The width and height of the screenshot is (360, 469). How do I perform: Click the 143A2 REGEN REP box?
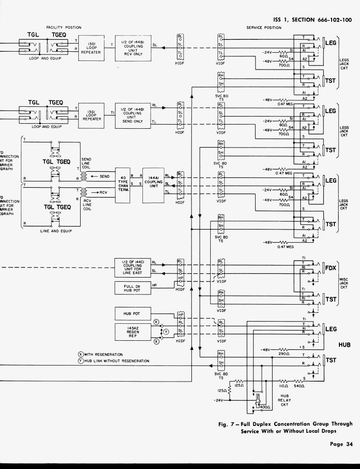pyautogui.click(x=132, y=332)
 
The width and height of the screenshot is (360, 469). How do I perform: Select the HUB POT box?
pyautogui.click(x=132, y=314)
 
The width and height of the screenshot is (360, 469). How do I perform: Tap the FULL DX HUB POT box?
pyautogui.click(x=132, y=288)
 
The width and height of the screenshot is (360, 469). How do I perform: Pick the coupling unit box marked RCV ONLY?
pyautogui.click(x=132, y=48)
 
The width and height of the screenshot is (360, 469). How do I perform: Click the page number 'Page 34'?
pyautogui.click(x=342, y=443)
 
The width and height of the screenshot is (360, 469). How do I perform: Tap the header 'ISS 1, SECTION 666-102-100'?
pyautogui.click(x=312, y=20)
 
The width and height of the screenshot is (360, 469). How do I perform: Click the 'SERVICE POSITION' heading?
pyautogui.click(x=264, y=28)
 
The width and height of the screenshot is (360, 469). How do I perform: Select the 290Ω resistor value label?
pyautogui.click(x=283, y=354)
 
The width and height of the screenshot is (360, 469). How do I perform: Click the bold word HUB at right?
pyautogui.click(x=344, y=344)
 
